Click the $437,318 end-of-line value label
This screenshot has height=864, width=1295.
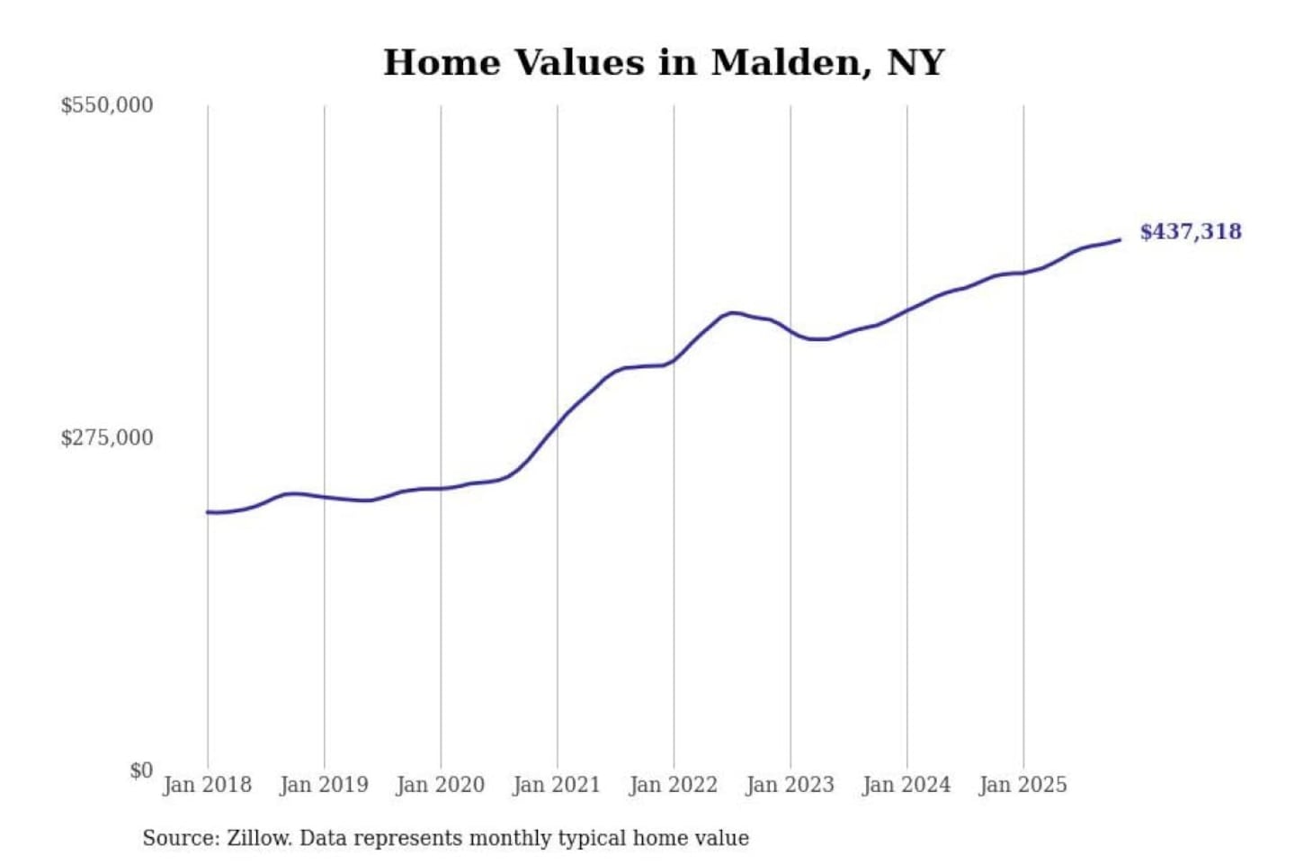pos(1190,232)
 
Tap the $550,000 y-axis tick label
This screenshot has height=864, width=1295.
pos(106,105)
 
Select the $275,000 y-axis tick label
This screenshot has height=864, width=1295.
pos(106,438)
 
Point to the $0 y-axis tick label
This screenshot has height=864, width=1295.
pos(141,770)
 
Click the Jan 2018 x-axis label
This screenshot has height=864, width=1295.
pos(207,785)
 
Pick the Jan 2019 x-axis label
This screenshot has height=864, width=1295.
pos(324,785)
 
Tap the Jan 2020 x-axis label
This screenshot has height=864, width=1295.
pos(440,785)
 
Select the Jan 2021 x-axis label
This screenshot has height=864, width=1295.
pos(556,785)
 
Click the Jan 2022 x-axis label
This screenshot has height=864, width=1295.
pos(673,785)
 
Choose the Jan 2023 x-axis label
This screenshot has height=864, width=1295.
pos(790,785)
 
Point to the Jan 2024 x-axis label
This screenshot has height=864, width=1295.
pos(906,785)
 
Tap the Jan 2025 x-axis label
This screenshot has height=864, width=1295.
pos(1023,785)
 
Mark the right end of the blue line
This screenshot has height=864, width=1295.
pos(1120,239)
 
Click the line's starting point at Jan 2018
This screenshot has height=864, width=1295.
pos(208,512)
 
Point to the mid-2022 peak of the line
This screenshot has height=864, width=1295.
pos(734,312)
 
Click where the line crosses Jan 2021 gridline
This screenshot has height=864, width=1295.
pos(558,422)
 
